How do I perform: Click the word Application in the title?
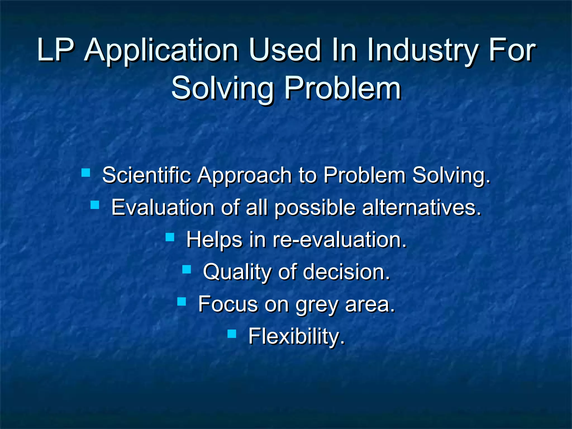coord(161,51)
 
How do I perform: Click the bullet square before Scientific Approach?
coord(86,173)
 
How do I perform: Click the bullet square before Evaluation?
coord(95,205)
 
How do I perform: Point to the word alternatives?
coord(422,208)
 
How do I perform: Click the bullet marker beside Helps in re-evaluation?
coord(170,237)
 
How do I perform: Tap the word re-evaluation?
coord(339,240)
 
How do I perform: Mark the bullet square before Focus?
coord(182,302)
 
